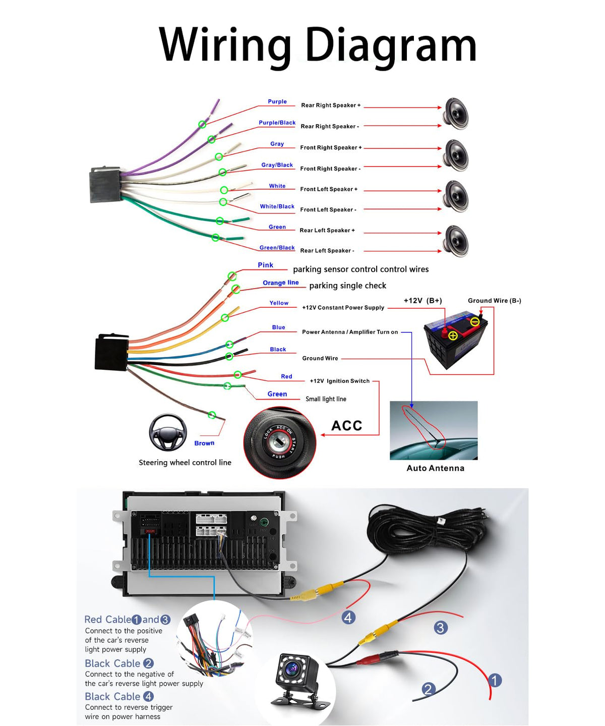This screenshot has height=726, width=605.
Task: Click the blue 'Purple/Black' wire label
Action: pos(277,123)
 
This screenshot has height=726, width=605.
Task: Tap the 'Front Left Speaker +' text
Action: pos(328,189)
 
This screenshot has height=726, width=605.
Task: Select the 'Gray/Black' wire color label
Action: pos(277,165)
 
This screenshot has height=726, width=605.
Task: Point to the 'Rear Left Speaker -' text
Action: pos(327,250)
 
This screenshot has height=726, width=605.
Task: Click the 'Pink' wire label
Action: pos(266,265)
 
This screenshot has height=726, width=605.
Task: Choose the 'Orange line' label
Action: pos(280,283)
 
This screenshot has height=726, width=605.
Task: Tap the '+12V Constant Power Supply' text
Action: pos(343,307)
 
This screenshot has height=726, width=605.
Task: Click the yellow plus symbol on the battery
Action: pos(453,336)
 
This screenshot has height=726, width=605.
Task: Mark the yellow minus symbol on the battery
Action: pos(475,322)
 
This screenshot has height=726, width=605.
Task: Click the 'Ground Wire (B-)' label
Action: pos(494,300)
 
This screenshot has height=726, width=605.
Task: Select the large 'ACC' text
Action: pos(346,426)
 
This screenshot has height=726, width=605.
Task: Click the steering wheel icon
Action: pos(168,432)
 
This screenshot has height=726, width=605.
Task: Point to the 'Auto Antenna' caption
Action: pos(436,468)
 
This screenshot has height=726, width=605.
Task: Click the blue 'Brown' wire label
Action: pos(204,443)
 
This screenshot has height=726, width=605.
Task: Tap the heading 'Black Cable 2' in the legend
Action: pos(119,663)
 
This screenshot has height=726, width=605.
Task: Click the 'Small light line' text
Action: pos(326,399)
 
